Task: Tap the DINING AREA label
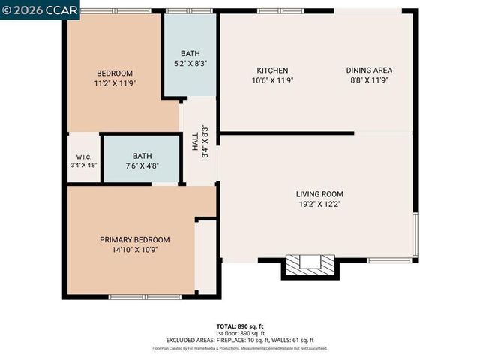click(x=369, y=70)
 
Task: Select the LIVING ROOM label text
click(x=319, y=194)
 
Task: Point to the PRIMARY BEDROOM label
click(x=135, y=240)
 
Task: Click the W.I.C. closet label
click(x=83, y=157)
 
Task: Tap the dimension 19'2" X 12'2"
click(x=319, y=204)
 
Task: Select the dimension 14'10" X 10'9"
click(x=135, y=250)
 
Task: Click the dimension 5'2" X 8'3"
click(x=190, y=64)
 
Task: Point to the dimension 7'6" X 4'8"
click(x=142, y=166)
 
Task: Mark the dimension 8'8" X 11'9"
click(x=369, y=80)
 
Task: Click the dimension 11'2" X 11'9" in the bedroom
click(x=115, y=83)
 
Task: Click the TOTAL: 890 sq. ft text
click(x=239, y=325)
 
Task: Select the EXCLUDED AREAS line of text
click(x=239, y=340)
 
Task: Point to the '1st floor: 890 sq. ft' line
click(x=239, y=332)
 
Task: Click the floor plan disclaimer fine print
click(x=239, y=348)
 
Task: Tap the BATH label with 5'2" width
click(x=190, y=54)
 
